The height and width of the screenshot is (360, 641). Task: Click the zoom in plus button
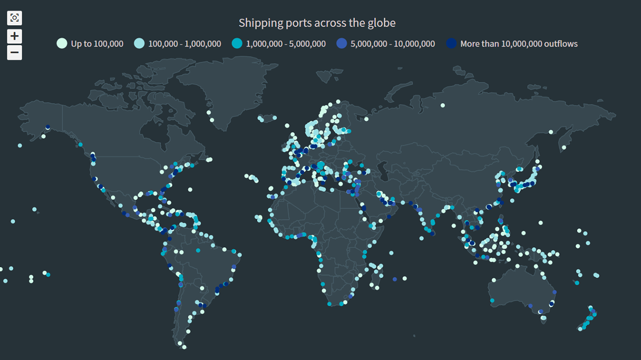click(14, 36)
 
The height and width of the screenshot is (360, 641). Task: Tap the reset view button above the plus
click(14, 18)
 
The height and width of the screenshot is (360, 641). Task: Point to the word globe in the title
click(383, 23)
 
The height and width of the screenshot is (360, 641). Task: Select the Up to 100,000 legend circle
click(62, 43)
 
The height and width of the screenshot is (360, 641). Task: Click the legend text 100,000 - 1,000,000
click(184, 44)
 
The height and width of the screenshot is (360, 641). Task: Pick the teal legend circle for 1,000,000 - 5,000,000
click(237, 43)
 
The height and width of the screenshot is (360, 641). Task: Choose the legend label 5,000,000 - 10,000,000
click(392, 44)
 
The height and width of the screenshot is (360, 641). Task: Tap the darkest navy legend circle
click(451, 43)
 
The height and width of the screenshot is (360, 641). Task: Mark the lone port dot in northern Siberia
click(443, 105)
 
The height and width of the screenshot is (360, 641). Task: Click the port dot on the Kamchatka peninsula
click(564, 147)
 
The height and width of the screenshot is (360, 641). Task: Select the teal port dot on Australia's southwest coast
click(492, 300)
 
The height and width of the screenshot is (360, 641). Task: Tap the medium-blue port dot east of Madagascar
click(394, 279)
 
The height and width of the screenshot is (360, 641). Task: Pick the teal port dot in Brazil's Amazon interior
click(198, 251)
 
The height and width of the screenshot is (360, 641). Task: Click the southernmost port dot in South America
click(184, 347)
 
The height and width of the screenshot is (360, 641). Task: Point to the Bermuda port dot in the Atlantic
click(190, 189)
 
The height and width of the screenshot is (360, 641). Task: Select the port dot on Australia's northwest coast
click(493, 280)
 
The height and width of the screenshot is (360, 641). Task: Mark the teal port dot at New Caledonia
click(577, 283)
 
